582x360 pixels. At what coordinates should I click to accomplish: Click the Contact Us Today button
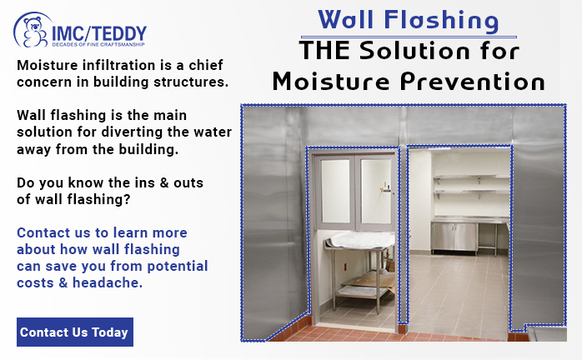[75, 332]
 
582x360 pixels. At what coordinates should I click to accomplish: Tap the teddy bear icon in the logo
[34, 32]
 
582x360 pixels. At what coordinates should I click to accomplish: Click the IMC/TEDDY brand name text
[99, 34]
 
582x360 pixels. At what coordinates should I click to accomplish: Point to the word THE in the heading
[324, 50]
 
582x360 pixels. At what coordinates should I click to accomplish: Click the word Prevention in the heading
[473, 81]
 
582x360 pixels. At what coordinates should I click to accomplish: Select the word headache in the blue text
[107, 282]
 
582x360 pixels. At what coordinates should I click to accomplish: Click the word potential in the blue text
[178, 267]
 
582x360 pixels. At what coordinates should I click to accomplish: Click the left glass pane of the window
[335, 191]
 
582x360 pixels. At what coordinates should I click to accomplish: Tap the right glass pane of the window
[375, 191]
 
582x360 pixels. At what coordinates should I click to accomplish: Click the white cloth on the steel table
[362, 239]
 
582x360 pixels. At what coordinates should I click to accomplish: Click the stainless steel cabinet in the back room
[454, 237]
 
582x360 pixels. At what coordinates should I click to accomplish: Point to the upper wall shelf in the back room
[471, 177]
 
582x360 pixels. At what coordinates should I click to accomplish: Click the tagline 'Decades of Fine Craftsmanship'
[98, 44]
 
